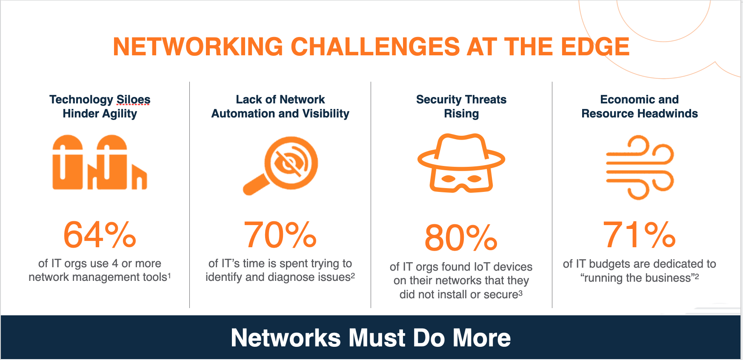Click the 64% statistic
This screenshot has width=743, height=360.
coord(100,234)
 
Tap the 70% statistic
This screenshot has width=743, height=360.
coord(280,234)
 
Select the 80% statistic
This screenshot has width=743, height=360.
coord(461,238)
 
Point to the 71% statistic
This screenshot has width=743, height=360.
coord(639,234)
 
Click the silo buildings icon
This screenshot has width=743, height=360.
coord(100,162)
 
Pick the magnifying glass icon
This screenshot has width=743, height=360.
coord(281,166)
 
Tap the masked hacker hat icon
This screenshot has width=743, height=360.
coord(461,163)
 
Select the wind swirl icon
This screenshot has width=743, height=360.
coord(640,167)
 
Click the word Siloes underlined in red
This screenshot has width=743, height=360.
coord(134,100)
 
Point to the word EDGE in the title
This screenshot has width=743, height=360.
coord(595,46)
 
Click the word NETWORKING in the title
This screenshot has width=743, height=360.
coord(198,46)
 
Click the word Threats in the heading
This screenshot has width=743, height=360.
coord(486,100)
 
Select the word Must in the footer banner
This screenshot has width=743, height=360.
coord(377,338)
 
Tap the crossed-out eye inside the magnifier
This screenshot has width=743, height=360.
coord(291,163)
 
